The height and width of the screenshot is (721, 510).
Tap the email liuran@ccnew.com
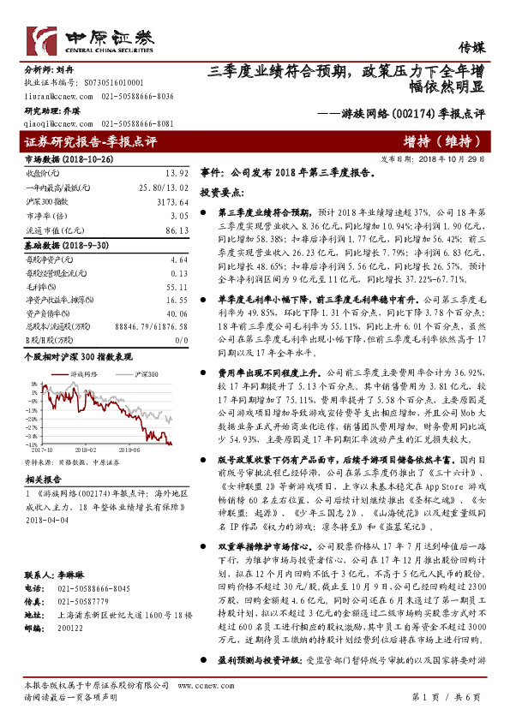click(52, 98)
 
